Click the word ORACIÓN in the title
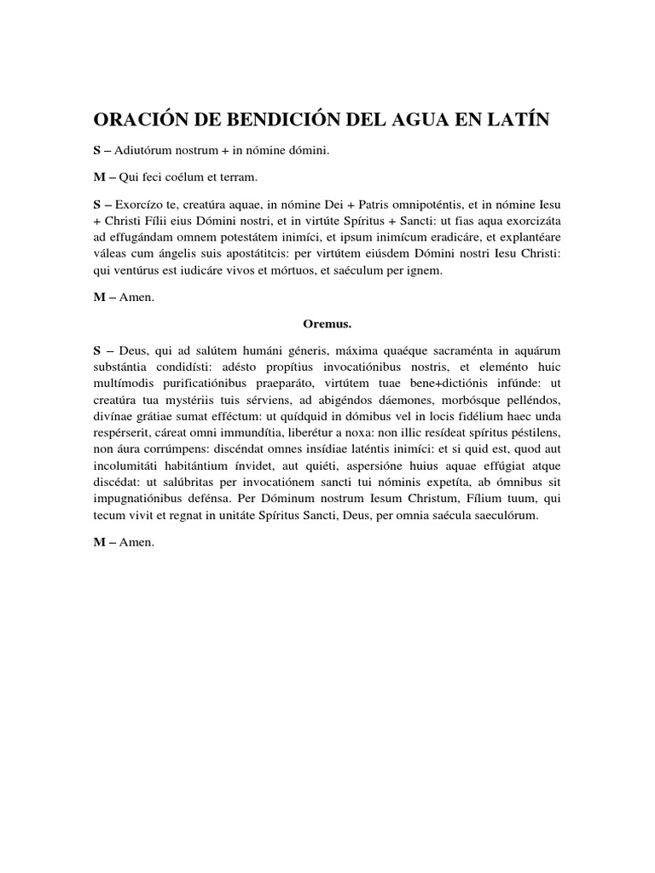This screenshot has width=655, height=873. pyautogui.click(x=142, y=121)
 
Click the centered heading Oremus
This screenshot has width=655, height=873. pyautogui.click(x=327, y=324)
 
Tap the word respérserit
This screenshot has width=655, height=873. pyautogui.click(x=125, y=434)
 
